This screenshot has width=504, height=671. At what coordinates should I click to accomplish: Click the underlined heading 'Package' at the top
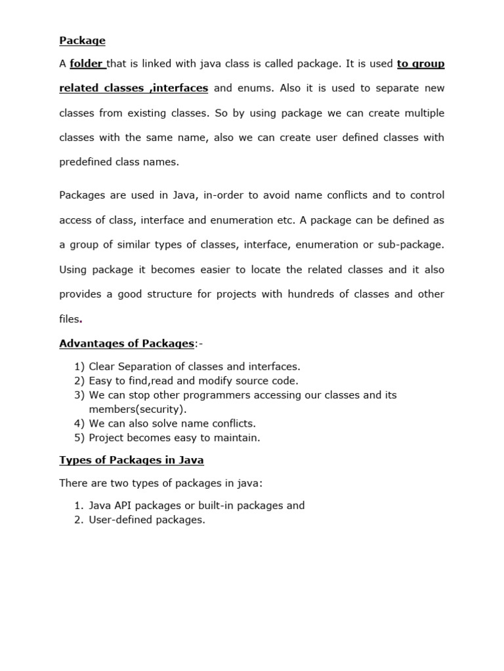[x=82, y=41]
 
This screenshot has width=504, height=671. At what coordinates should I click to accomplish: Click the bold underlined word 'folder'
[x=87, y=64]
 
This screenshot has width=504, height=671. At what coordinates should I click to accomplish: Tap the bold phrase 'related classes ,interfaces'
[x=134, y=88]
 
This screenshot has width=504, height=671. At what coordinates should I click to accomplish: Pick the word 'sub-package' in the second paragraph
[x=414, y=244]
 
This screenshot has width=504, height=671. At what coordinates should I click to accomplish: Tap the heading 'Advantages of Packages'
[x=127, y=343]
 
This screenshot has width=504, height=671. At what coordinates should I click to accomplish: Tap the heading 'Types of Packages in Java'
[x=131, y=460]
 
